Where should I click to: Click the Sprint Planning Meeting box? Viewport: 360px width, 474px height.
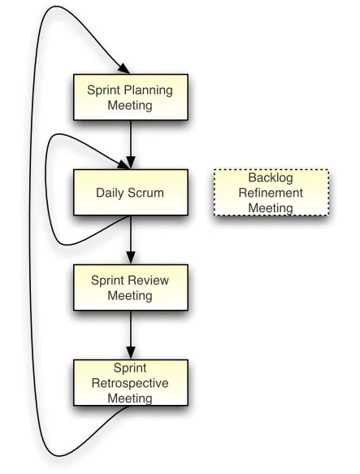pyautogui.click(x=130, y=96)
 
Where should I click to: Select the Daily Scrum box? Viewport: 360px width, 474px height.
pyautogui.click(x=130, y=193)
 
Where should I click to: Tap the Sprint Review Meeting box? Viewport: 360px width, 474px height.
pyautogui.click(x=130, y=287)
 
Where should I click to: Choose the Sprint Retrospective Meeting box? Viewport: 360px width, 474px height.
pyautogui.click(x=130, y=382)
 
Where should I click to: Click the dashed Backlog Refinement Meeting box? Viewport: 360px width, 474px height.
pyautogui.click(x=271, y=193)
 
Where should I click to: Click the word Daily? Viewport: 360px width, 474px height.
pyautogui.click(x=112, y=194)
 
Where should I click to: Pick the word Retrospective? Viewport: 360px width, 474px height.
pyautogui.click(x=130, y=382)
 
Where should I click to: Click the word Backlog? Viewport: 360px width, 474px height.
pyautogui.click(x=271, y=178)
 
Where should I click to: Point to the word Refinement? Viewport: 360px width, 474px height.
pyautogui.click(x=271, y=193)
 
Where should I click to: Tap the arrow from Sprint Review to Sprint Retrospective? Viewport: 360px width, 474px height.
pyautogui.click(x=130, y=333)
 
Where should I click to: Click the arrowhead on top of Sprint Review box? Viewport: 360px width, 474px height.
pyautogui.click(x=130, y=259)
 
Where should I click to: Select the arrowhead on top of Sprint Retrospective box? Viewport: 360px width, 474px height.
pyautogui.click(x=130, y=354)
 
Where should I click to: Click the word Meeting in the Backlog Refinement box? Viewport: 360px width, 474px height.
pyautogui.click(x=271, y=207)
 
